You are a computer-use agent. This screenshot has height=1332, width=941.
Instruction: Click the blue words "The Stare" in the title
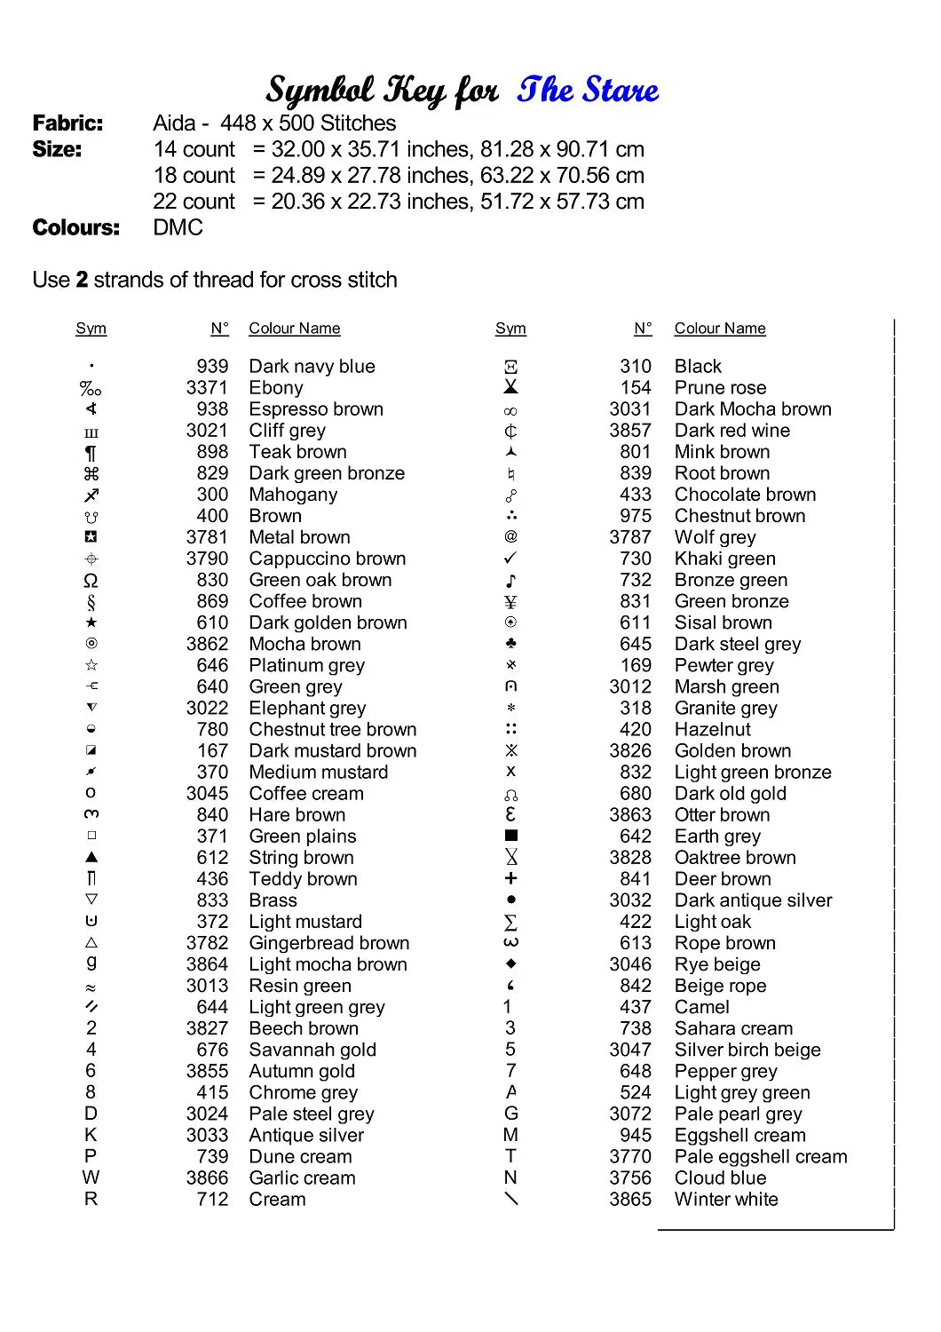588,90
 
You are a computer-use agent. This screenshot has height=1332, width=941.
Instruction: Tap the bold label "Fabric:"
67,123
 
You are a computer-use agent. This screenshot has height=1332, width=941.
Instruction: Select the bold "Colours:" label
75,228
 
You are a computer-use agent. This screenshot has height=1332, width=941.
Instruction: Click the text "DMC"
178,228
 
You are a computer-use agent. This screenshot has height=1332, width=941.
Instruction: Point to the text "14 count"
194,149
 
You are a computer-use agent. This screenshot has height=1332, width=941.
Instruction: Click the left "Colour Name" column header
294,329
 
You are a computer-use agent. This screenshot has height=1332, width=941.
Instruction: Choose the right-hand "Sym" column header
510,329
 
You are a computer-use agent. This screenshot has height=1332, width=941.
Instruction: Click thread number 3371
207,388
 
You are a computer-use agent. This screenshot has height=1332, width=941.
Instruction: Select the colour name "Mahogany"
293,495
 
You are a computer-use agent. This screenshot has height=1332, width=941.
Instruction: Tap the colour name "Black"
698,367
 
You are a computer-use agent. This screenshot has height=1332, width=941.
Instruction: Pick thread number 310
635,367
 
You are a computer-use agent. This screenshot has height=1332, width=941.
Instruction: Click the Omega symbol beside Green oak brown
91,581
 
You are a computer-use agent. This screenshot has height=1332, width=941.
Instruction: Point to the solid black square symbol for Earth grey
510,836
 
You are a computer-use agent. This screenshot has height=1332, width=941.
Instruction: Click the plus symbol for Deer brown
510,878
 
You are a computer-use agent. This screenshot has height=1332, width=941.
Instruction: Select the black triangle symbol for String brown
91,858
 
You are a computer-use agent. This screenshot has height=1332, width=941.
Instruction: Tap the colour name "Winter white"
725,1200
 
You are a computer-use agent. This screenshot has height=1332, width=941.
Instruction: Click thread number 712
212,1200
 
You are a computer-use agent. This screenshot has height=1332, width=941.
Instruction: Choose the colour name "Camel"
701,1007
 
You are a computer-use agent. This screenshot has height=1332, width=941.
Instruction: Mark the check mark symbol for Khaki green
510,559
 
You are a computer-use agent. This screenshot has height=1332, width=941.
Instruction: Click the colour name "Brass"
273,900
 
